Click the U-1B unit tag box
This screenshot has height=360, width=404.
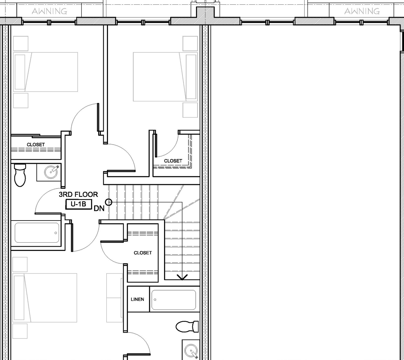click(x=78, y=204)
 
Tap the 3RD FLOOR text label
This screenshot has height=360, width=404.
click(x=78, y=194)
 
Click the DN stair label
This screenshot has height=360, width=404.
click(x=99, y=209)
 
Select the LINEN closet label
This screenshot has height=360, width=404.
click(x=137, y=299)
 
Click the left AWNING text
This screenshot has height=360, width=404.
click(x=50, y=11)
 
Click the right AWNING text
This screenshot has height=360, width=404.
click(x=362, y=11)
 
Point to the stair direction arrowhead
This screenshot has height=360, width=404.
click(x=182, y=277)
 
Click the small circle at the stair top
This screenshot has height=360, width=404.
click(x=109, y=202)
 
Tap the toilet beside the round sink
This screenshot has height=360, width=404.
click(x=20, y=175)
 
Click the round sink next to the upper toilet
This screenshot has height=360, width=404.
click(x=51, y=172)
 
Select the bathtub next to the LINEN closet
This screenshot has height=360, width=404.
click(x=173, y=300)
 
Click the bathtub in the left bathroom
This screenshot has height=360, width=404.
click(x=37, y=233)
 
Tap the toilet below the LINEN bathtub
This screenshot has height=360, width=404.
click(x=186, y=326)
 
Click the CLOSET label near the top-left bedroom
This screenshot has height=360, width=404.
click(x=36, y=145)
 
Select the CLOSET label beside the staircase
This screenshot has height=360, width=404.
click(x=143, y=253)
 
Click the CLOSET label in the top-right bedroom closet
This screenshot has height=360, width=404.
click(x=173, y=161)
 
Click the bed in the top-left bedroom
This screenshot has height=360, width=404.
click(x=46, y=72)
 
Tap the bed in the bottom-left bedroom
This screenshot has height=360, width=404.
click(x=45, y=298)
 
